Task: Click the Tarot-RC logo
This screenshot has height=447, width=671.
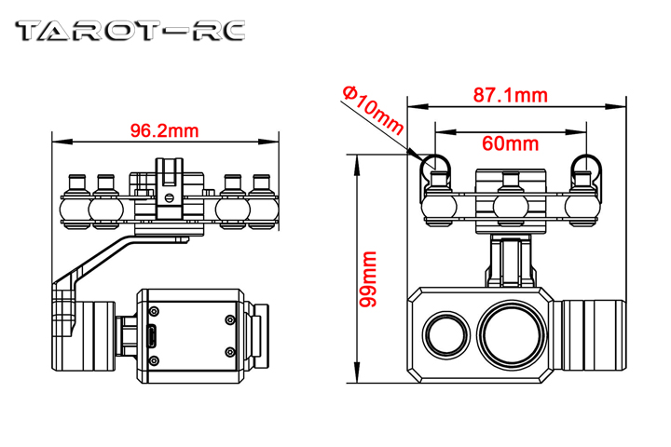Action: pyautogui.click(x=130, y=32)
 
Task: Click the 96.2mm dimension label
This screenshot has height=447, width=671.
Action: pyautogui.click(x=164, y=129)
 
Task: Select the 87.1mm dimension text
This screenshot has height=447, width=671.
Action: pyautogui.click(x=510, y=95)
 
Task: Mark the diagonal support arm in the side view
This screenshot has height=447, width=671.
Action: pyautogui.click(x=103, y=260)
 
